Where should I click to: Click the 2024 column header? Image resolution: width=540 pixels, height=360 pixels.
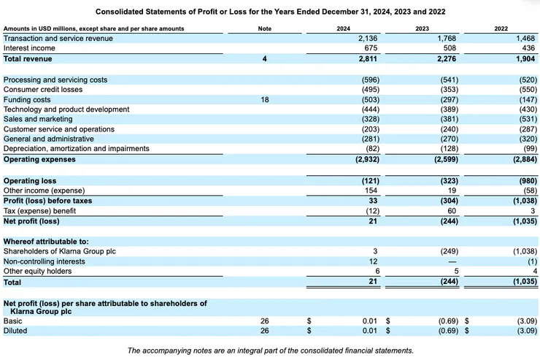pyautogui.click(x=343, y=28)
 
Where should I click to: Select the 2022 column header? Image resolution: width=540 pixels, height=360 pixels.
pyautogui.click(x=501, y=28)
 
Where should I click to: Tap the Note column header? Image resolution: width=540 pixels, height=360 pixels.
pyautogui.click(x=265, y=28)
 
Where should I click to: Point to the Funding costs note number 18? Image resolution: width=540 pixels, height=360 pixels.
pyautogui.click(x=265, y=99)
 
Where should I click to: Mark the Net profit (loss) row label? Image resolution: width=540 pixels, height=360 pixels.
pyautogui.click(x=31, y=221)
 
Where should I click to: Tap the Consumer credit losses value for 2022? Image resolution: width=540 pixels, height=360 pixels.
pyautogui.click(x=521, y=89)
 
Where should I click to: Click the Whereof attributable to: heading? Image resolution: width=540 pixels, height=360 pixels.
pyautogui.click(x=46, y=241)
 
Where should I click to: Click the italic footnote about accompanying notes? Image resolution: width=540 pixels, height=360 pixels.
pyautogui.click(x=270, y=350)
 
